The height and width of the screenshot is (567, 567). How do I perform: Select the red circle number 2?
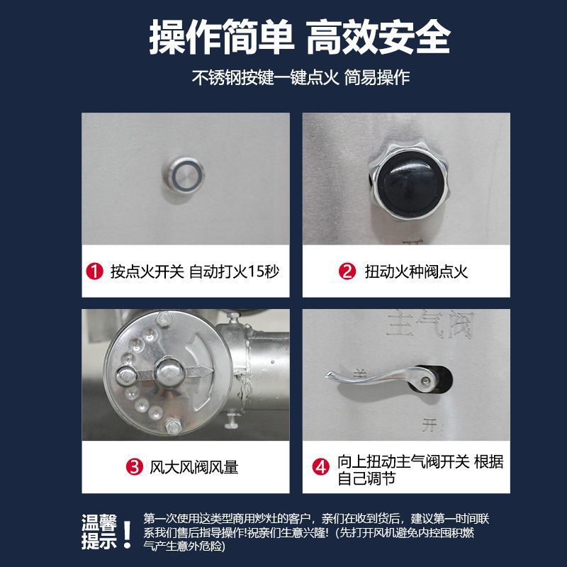coord(347,271)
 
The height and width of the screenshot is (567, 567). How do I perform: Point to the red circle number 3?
coord(133,466)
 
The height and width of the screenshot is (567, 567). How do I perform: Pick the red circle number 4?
coord(322,467)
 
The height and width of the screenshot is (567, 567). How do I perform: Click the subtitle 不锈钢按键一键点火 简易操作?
coord(300,77)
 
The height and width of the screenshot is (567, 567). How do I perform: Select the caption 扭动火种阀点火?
coord(416,271)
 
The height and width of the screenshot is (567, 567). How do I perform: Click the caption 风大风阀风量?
coord(194,467)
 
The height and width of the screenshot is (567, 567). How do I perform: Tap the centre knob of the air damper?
coord(169,368)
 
